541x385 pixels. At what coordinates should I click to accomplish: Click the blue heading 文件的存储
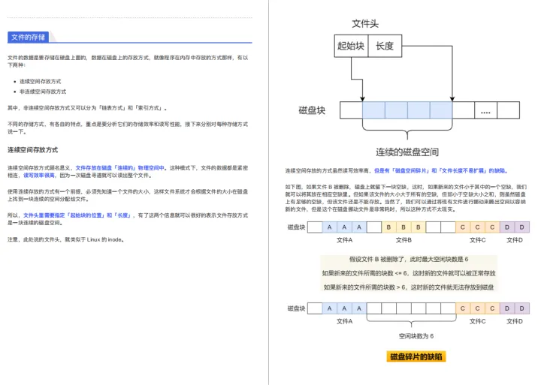[x=27, y=37]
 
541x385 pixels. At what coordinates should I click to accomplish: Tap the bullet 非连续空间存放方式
[x=43, y=91]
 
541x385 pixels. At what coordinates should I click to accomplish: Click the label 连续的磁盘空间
[x=407, y=152]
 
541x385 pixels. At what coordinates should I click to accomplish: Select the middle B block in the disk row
[x=403, y=227]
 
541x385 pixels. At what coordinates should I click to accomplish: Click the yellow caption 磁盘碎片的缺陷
[x=416, y=356]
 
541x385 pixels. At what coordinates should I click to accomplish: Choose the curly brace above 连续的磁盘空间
[x=407, y=135]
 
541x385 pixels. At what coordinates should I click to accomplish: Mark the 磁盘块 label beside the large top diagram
[x=312, y=110]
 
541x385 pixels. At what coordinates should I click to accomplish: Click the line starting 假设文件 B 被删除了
[x=409, y=259]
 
